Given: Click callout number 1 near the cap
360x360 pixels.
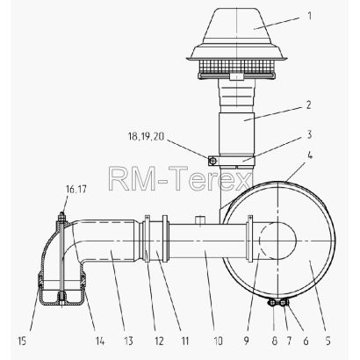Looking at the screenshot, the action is [309, 15].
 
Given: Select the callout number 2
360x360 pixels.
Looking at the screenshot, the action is [309, 104].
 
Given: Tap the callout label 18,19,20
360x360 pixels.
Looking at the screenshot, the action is [147, 136].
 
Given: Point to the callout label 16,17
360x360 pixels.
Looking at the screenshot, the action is [76, 189].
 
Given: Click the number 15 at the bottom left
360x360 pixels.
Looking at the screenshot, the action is [22, 341].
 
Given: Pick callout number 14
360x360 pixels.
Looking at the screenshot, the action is [99, 341].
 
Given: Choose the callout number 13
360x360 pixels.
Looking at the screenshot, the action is [128, 341].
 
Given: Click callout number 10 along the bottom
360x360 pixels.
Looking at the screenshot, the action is [218, 341].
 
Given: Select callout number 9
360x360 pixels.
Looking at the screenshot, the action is [246, 341].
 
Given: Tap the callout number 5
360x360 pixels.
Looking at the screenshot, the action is [328, 341].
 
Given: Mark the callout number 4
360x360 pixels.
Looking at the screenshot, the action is [310, 155].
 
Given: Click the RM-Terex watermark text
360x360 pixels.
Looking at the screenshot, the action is [179, 178].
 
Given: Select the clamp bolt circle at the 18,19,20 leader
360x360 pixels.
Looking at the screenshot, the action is [213, 161].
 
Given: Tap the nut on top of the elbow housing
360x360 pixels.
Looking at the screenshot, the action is [61, 217].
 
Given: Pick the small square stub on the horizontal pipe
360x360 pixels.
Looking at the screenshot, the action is [200, 220].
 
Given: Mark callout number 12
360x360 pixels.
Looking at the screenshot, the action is [159, 341].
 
